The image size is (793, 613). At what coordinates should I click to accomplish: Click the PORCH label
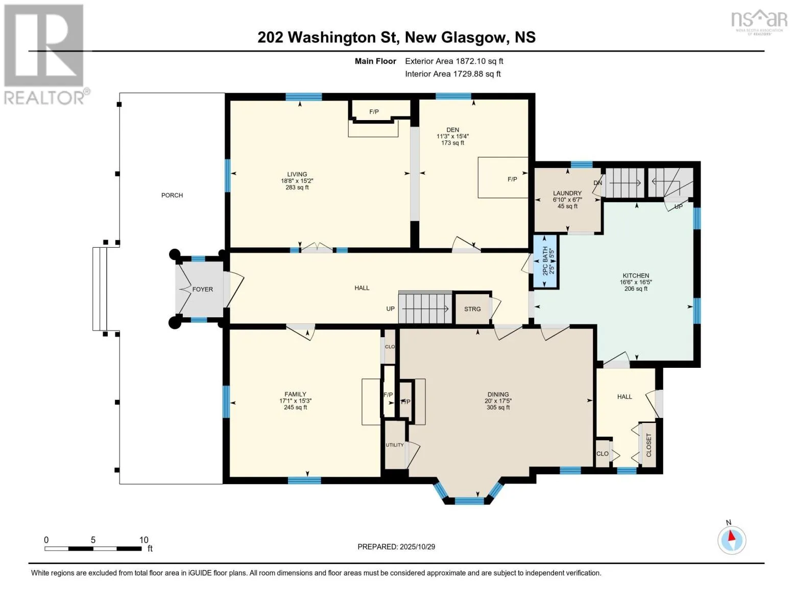[172, 195]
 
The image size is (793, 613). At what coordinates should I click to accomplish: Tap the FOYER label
[203, 289]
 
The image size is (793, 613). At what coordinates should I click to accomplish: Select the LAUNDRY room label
[567, 193]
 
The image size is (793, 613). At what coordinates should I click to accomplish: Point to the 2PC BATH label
[545, 261]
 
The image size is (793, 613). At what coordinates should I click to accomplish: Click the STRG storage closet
[472, 309]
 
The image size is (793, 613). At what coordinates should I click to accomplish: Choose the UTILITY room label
[395, 445]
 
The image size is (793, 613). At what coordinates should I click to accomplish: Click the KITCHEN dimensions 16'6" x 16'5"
[636, 282]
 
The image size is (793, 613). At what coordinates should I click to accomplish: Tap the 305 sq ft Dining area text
[498, 407]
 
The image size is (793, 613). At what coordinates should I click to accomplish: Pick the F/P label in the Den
[512, 179]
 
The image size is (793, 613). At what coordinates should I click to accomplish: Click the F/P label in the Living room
[374, 112]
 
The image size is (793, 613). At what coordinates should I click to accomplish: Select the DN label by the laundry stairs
[598, 183]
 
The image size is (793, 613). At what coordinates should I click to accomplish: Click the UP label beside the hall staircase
[391, 309]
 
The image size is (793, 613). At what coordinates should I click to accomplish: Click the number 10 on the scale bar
[144, 540]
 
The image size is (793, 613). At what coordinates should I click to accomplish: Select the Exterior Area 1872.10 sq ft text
[454, 61]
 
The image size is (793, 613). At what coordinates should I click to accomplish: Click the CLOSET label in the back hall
[649, 445]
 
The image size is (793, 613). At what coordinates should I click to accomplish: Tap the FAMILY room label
[296, 394]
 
